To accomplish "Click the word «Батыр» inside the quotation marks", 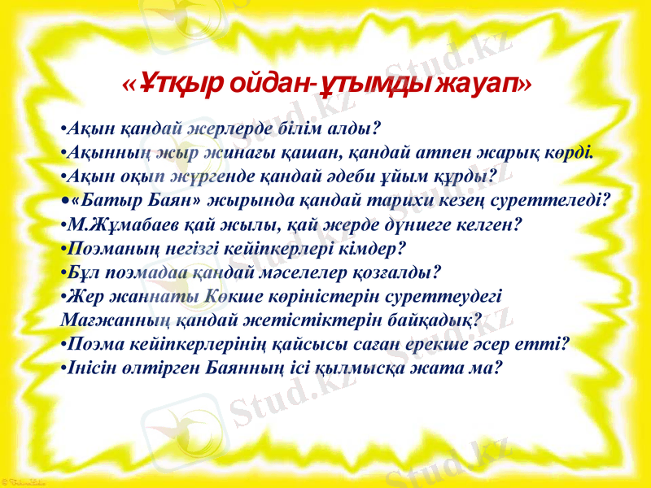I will pyautogui.click(x=114, y=199).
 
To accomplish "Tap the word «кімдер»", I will pyautogui.click(x=370, y=246).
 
